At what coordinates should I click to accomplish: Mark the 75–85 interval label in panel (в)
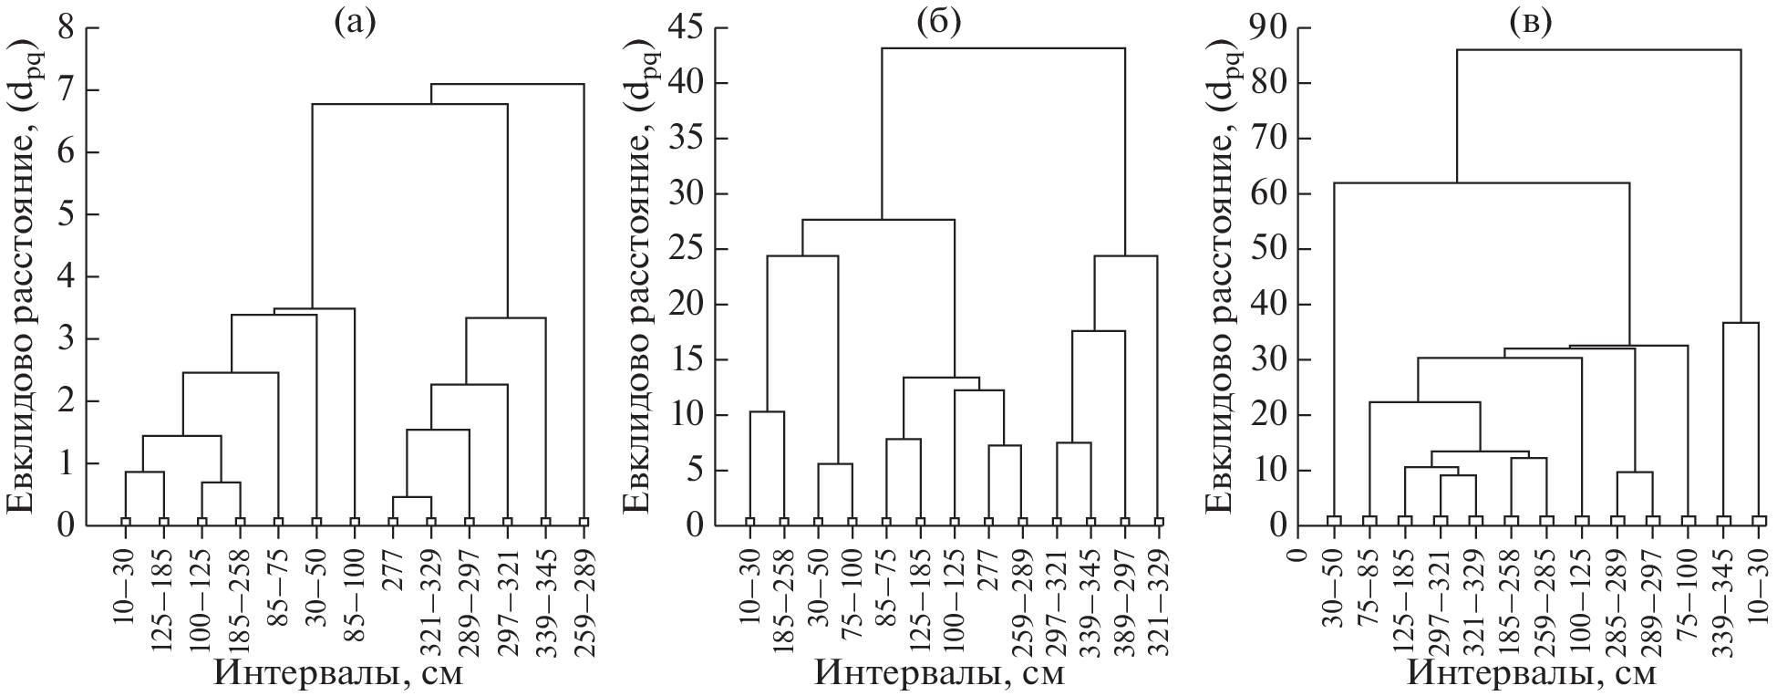coord(1369,584)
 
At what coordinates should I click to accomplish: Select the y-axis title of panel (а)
coord(22,274)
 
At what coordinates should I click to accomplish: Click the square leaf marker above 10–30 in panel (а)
coord(126,522)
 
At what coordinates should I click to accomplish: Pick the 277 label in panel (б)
coord(988,570)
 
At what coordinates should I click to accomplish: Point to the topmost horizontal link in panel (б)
coord(1003,48)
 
